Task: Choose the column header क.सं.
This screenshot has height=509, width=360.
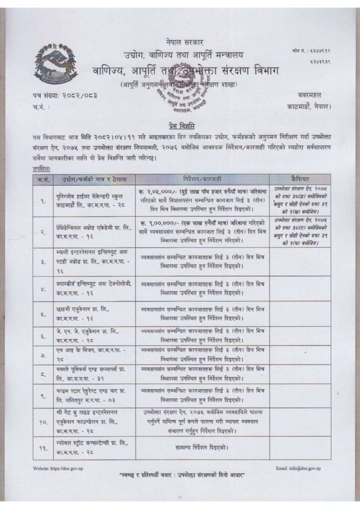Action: pyautogui.click(x=42, y=178)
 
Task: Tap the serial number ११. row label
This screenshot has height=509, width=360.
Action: pyautogui.click(x=42, y=449)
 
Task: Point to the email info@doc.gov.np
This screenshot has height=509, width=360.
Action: pyautogui.click(x=298, y=469)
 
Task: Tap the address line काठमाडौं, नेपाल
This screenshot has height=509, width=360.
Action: pyautogui.click(x=309, y=106)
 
